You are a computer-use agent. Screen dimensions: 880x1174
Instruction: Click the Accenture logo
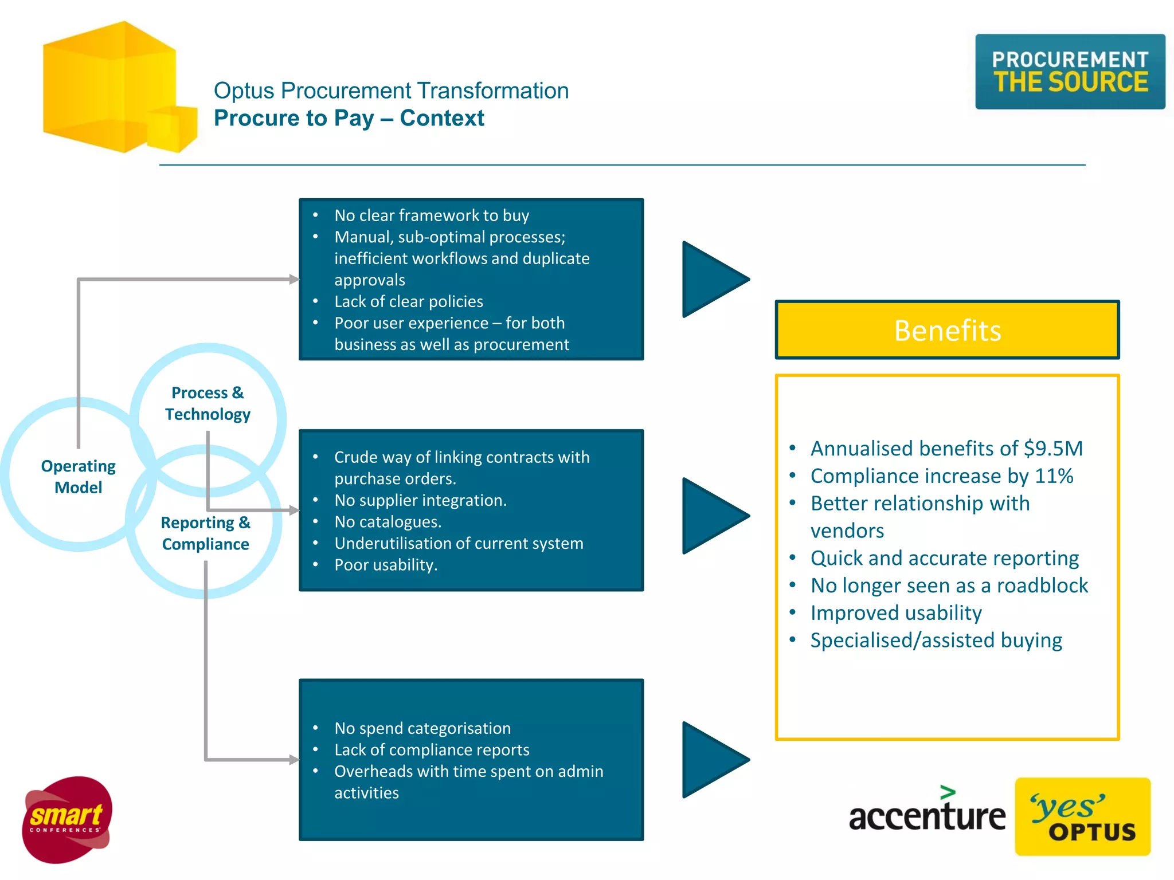click(926, 814)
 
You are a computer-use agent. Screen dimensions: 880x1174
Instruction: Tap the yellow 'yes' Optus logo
click(1082, 816)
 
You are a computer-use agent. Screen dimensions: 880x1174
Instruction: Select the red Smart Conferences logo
click(66, 819)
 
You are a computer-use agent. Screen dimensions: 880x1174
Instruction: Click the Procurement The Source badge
click(1070, 72)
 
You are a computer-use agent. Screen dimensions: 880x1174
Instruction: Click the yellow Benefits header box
click(947, 331)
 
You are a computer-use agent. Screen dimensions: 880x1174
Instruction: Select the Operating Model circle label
click(78, 477)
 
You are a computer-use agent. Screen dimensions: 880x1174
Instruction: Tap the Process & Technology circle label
click(208, 403)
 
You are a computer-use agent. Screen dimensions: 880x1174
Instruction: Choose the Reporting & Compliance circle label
click(205, 533)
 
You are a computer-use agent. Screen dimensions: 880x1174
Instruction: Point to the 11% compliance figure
click(1054, 476)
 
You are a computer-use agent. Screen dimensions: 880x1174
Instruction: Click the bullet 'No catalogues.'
click(388, 522)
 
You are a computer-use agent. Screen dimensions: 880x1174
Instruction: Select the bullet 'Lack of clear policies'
click(408, 301)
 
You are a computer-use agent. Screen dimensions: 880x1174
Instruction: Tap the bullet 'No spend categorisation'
click(422, 728)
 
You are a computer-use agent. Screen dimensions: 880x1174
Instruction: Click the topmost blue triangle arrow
click(711, 280)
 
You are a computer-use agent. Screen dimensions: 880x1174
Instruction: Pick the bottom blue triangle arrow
click(711, 760)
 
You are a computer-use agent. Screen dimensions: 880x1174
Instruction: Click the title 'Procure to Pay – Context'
click(349, 118)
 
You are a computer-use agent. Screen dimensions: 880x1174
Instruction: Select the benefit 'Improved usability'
click(895, 613)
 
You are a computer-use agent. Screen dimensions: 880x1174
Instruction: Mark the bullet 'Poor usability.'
click(385, 565)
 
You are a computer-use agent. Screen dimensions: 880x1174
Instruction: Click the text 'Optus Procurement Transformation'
click(391, 91)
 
